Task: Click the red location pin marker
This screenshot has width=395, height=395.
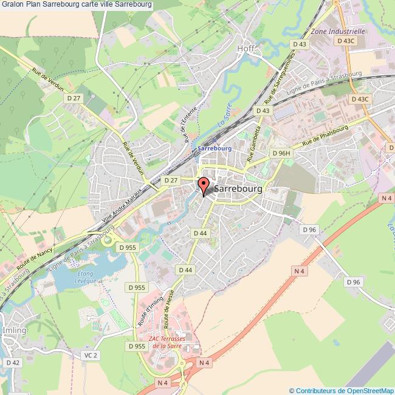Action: (204, 186)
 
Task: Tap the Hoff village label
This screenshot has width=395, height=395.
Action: (246, 48)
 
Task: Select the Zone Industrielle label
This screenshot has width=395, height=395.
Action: (337, 30)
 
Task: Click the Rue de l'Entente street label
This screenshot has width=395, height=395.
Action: (186, 126)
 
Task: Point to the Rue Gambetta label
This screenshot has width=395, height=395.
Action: (255, 145)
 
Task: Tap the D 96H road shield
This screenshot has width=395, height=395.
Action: (282, 153)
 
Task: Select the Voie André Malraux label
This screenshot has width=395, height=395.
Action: (122, 206)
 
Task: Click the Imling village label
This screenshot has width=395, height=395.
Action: (15, 330)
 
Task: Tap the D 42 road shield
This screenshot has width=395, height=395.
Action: (13, 363)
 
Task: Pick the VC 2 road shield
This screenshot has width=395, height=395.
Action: (90, 355)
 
